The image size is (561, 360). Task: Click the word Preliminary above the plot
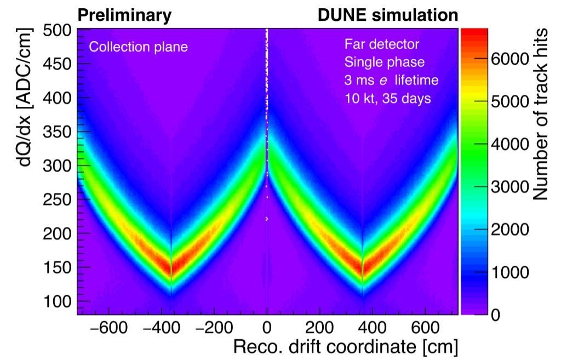click(x=124, y=15)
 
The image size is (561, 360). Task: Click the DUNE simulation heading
click(x=388, y=15)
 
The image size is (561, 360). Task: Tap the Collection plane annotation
click(x=138, y=47)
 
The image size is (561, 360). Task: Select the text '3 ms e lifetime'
click(x=391, y=81)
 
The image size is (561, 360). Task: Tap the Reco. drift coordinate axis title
click(x=346, y=347)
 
